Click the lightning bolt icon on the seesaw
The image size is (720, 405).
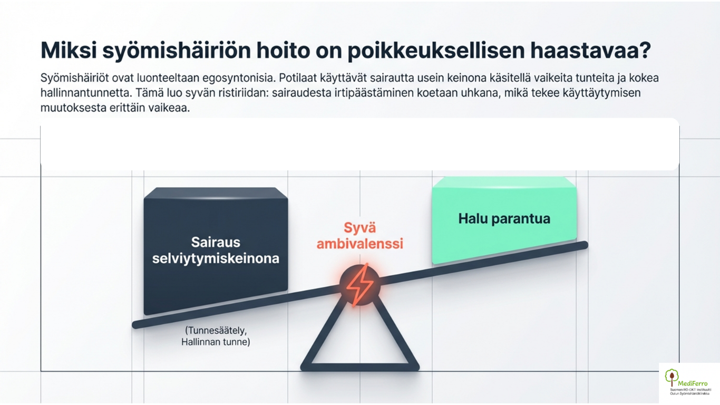[359, 285]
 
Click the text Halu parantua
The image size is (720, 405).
[504, 218]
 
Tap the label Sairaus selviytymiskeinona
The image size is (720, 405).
[216, 250]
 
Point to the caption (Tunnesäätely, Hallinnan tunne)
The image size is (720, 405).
[216, 336]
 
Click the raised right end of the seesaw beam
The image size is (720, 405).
[582, 245]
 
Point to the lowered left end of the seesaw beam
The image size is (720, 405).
[138, 324]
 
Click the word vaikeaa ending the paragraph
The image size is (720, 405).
[170, 108]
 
